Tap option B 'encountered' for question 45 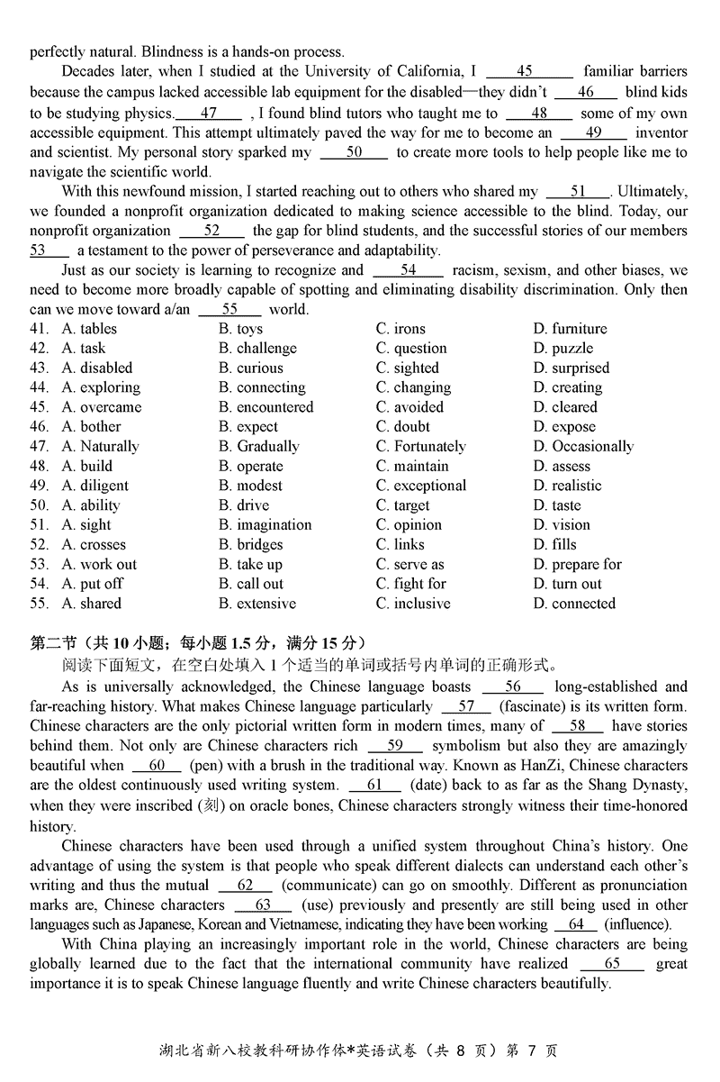coord(265,407)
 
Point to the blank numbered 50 coord(354,152)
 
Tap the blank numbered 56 coord(513,686)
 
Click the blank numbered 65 coord(612,963)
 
